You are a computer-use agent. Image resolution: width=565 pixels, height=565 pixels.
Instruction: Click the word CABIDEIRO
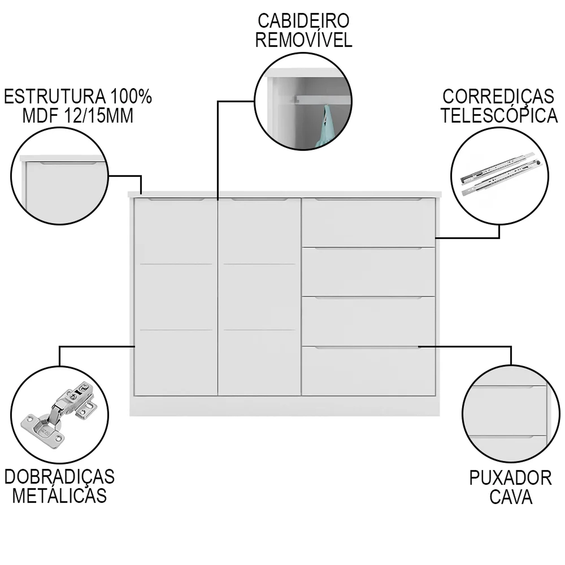point(303,21)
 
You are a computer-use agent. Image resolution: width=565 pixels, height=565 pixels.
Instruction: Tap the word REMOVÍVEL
point(303,40)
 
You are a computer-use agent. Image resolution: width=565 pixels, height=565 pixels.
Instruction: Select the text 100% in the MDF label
point(131,97)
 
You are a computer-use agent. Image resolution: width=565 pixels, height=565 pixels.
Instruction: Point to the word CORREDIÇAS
point(498,97)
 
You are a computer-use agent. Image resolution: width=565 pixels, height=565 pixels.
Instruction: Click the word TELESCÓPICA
point(499,116)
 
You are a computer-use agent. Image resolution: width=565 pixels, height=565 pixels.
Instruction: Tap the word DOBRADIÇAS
point(60,477)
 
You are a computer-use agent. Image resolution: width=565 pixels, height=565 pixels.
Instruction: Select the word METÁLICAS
point(60,496)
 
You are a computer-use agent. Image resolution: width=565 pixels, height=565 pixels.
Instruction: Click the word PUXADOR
point(510,478)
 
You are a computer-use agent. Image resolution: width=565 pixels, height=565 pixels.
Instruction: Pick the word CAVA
point(510,497)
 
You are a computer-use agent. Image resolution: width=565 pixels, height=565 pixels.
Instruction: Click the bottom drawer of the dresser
point(368,371)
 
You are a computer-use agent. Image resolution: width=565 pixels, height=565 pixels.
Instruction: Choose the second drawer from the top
point(368,272)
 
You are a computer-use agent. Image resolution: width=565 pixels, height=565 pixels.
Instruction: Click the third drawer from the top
point(368,321)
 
